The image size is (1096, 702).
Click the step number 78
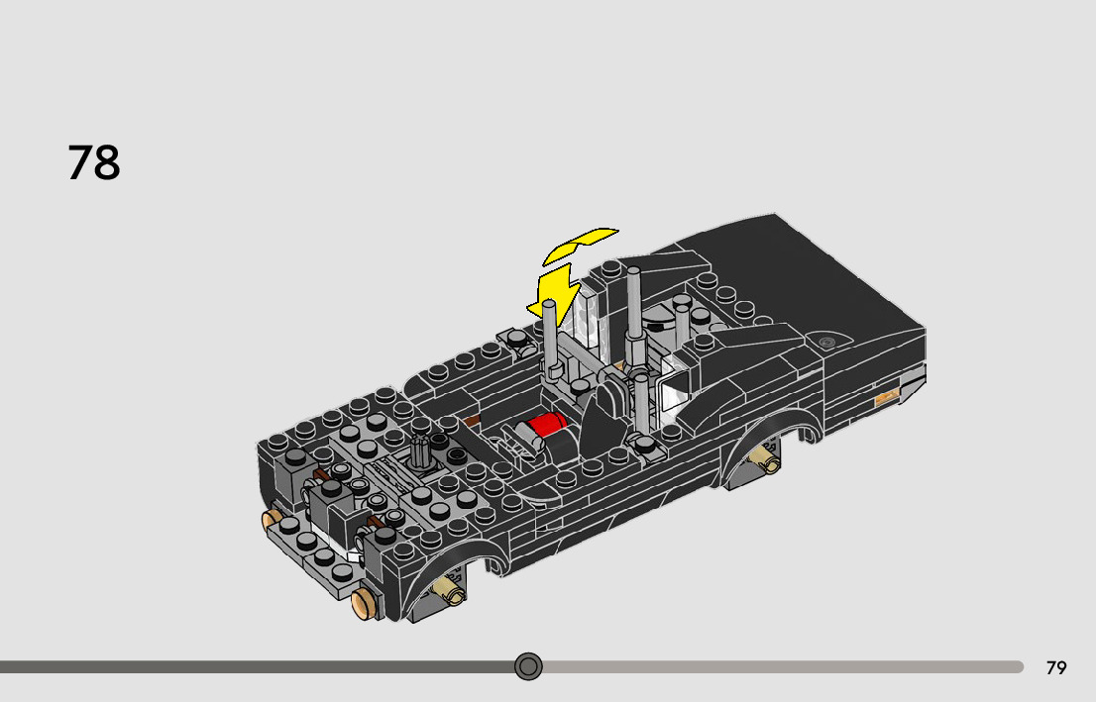pyautogui.click(x=94, y=162)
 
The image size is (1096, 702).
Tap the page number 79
pyautogui.click(x=1056, y=667)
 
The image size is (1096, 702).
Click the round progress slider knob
pyautogui.click(x=528, y=666)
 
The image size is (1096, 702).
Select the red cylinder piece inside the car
pyautogui.click(x=546, y=425)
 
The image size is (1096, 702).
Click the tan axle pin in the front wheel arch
pyautogui.click(x=448, y=590)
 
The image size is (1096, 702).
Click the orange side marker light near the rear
pyautogui.click(x=886, y=397)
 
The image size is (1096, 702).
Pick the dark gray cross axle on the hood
pyautogui.click(x=420, y=451)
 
